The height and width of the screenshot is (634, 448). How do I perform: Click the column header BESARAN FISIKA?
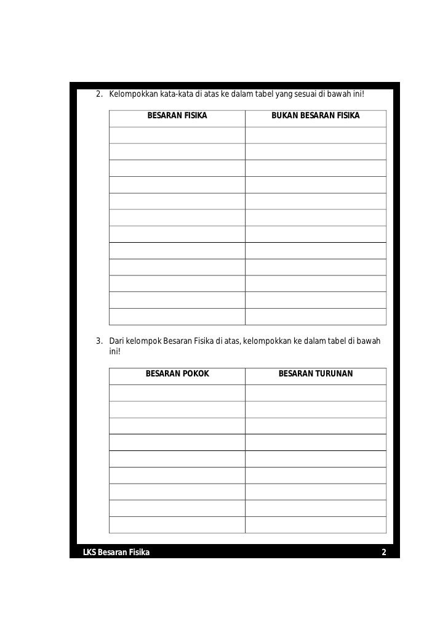tap(177, 116)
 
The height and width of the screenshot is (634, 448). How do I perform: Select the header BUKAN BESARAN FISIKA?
tap(316, 116)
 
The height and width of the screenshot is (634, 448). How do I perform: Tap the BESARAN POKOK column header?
tap(177, 373)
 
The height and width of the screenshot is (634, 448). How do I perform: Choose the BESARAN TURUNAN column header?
tap(316, 373)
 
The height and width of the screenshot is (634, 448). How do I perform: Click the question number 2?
tap(99, 94)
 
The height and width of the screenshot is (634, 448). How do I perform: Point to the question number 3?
tap(99, 341)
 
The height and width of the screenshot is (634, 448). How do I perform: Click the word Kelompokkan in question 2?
tap(129, 94)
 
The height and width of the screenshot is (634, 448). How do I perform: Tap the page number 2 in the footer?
tap(384, 552)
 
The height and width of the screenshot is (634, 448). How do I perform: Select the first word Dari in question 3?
tap(116, 341)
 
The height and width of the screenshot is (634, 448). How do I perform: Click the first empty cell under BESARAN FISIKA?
tap(177, 135)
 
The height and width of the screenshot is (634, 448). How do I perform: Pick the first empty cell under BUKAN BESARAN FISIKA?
tap(316, 135)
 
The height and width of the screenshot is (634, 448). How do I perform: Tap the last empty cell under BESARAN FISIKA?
tap(177, 316)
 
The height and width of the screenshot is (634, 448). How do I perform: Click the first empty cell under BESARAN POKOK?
tap(177, 392)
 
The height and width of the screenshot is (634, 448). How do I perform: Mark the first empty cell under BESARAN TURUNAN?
tap(316, 392)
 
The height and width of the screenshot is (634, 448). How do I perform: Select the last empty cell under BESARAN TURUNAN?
tap(316, 524)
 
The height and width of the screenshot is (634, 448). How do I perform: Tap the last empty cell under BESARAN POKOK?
tap(177, 524)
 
